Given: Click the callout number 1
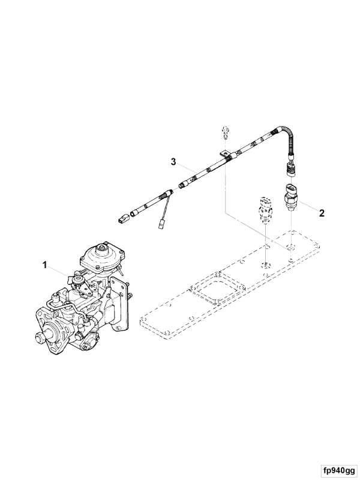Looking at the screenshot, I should [44, 264].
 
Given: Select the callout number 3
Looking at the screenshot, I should [173, 161].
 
